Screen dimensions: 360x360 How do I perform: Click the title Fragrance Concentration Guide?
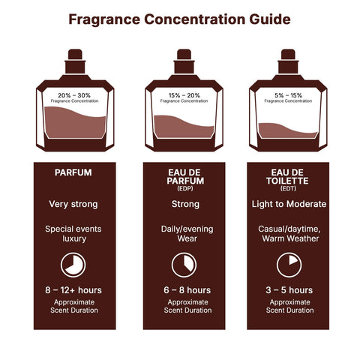click(180, 19)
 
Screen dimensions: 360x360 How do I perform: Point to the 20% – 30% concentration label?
click(73, 97)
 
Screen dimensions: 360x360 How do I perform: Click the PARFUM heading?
click(73, 172)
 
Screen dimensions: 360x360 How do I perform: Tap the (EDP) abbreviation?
click(184, 187)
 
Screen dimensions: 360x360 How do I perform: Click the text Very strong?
click(73, 203)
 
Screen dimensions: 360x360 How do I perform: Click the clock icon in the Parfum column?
click(73, 265)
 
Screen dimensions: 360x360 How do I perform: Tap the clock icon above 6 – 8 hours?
click(184, 265)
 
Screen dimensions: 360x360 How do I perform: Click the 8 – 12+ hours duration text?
click(73, 289)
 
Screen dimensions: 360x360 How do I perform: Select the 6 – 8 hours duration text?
click(184, 289)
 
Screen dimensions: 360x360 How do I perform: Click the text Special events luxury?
click(73, 233)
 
